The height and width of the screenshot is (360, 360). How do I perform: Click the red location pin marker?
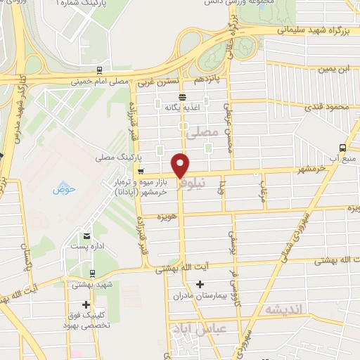pos(181,166)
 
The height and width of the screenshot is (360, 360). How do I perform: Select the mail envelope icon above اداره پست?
pos(86,235)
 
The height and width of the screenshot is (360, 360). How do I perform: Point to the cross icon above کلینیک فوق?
pos(86,305)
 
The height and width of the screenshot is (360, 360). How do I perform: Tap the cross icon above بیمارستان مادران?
pos(200,284)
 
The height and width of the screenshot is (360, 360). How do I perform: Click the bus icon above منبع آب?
pos(342,148)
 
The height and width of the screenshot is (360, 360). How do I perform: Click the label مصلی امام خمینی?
pos(98,82)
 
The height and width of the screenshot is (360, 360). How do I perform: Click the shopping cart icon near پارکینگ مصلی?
pos(141,172)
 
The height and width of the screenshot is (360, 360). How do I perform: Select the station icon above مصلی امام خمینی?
pos(100,70)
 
